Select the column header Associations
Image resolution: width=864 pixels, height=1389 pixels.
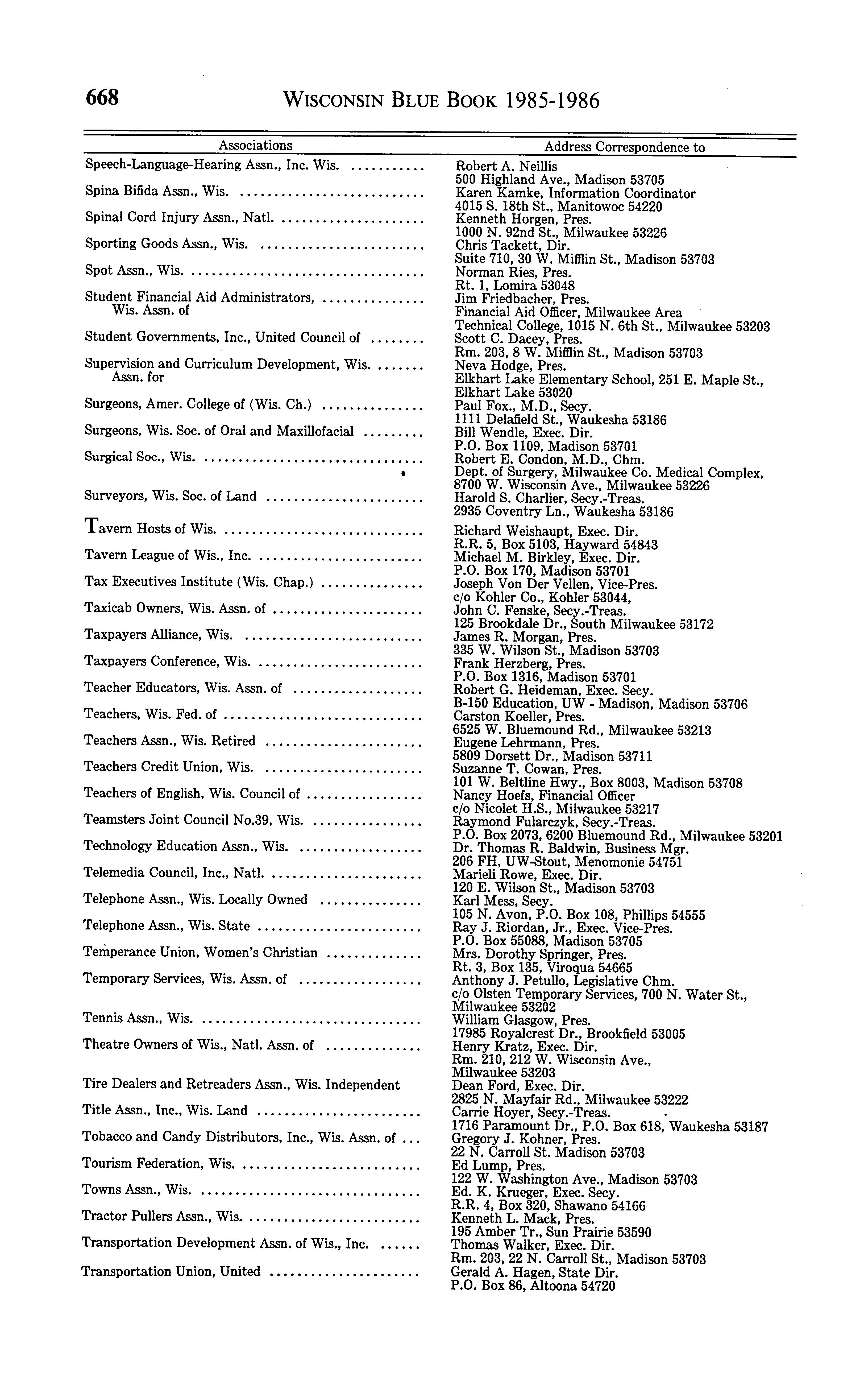[x=255, y=145]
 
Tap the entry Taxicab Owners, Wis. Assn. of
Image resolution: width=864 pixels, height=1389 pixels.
[x=175, y=608]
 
